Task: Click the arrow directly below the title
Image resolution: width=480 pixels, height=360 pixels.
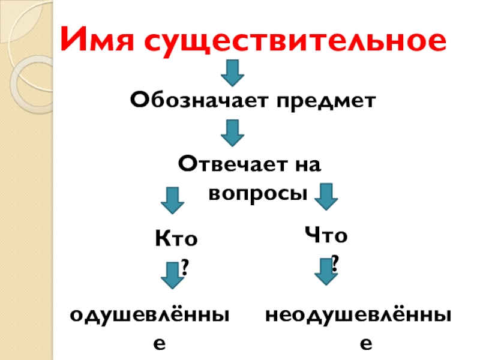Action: pos(232,73)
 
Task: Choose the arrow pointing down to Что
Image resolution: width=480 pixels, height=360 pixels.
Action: pos(325,196)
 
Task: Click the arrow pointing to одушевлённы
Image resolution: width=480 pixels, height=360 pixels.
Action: pos(172,275)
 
